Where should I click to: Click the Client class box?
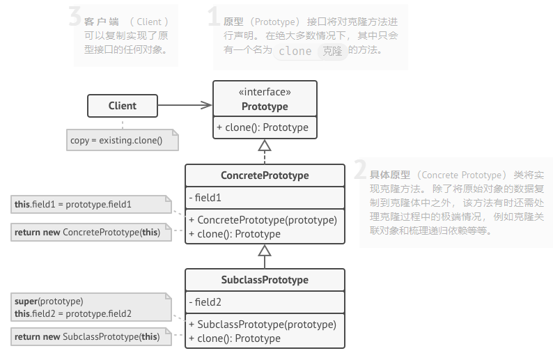pos(123,106)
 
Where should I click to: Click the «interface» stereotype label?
pos(265,92)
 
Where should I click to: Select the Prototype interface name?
pos(265,107)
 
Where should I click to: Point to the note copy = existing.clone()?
pos(116,141)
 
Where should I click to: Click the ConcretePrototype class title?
pos(265,175)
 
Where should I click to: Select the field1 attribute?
pos(205,198)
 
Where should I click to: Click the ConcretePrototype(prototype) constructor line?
pos(263,220)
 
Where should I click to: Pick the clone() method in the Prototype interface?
pos(263,127)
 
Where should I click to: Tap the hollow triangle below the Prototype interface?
pos(264,146)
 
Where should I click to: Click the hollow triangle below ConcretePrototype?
pos(264,251)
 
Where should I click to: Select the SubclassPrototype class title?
pos(265,280)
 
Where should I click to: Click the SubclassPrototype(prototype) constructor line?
pos(263,324)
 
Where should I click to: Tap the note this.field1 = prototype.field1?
pos(73,205)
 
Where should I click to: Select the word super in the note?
pos(26,301)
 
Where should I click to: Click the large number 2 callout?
pos(359,169)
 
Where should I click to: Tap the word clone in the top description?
pos(295,51)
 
